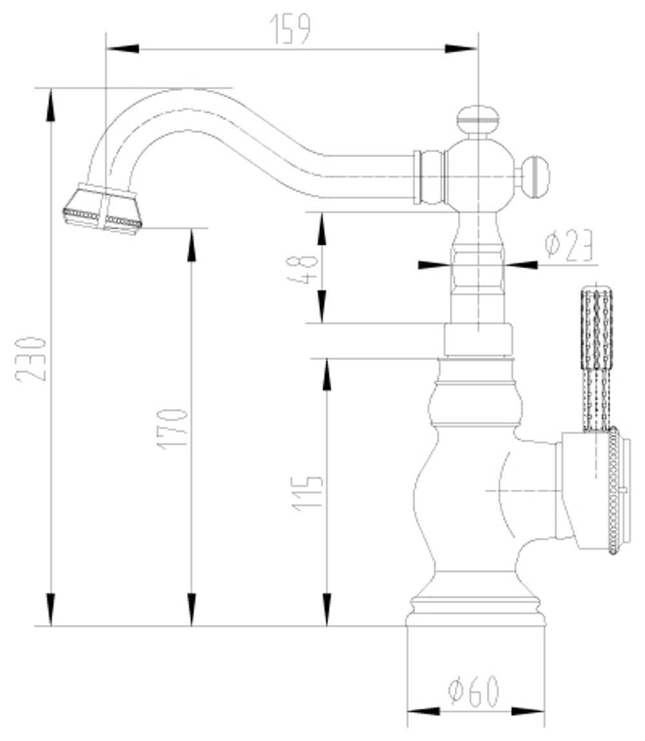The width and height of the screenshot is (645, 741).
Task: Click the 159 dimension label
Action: click(x=291, y=29)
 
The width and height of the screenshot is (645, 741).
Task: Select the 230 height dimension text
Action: click(x=32, y=358)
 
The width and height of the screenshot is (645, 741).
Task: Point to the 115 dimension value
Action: click(x=308, y=494)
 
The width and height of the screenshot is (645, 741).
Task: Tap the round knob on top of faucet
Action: click(x=477, y=120)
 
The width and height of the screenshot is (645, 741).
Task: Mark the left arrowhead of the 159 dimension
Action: click(x=122, y=48)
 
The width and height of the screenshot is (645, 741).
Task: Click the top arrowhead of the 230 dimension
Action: click(x=50, y=104)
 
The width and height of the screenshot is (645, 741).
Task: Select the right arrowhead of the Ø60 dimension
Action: click(x=529, y=711)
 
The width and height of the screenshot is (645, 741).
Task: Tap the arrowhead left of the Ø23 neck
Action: click(x=433, y=264)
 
